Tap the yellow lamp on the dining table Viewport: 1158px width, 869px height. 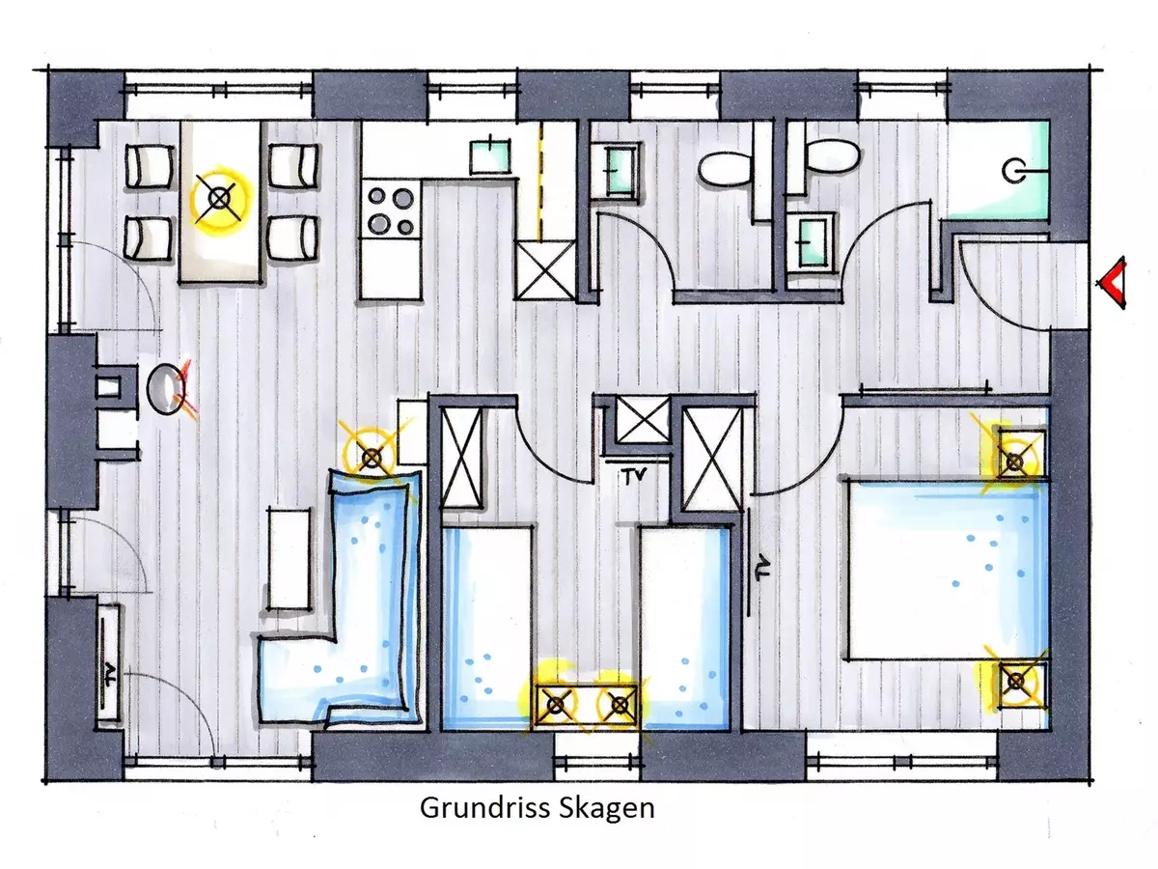pos(219,199)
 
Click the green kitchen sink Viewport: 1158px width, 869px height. pos(490,156)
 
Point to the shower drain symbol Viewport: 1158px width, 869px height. pos(1013,171)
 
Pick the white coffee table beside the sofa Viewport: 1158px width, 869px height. pos(289,559)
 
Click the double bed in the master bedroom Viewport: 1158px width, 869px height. pos(947,570)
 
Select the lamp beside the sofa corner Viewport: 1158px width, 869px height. pos(372,458)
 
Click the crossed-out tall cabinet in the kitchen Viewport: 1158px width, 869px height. pos(545,270)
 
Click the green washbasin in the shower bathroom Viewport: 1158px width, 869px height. pos(812,242)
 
